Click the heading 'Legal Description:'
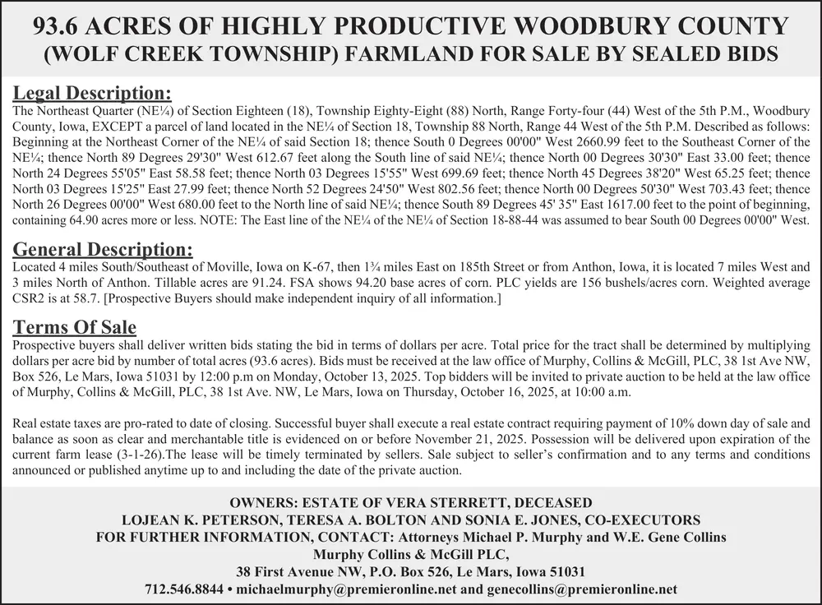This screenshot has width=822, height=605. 92,92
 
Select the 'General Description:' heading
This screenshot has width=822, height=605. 104,248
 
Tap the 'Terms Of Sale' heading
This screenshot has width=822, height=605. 75,326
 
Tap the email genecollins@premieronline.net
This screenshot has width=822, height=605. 582,589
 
